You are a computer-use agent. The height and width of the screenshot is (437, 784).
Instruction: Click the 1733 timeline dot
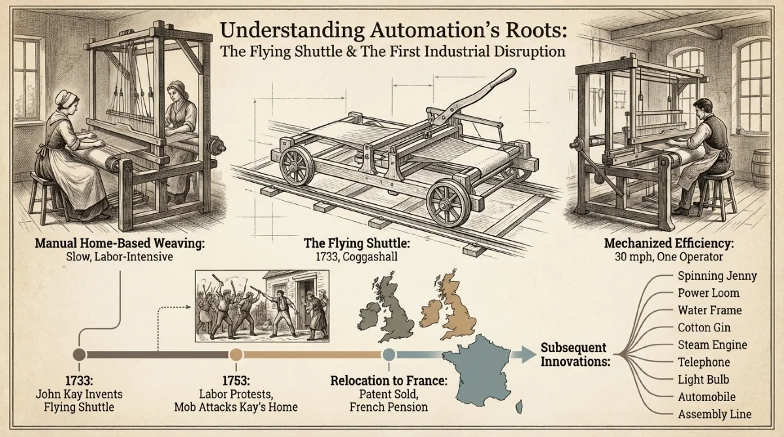pos(79,354)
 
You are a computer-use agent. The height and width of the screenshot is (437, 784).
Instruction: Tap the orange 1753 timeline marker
pos(236,354)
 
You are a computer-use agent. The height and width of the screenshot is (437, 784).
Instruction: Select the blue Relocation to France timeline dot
pos(389,354)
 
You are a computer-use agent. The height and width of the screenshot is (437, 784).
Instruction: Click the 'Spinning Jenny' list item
pos(717,276)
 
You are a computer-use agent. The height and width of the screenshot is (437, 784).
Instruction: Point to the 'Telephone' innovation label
pos(704,362)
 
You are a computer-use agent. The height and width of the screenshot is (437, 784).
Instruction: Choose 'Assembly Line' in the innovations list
pos(714,414)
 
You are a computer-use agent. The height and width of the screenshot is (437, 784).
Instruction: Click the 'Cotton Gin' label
pos(704,327)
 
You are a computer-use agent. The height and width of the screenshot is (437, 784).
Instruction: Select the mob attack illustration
pos(262,307)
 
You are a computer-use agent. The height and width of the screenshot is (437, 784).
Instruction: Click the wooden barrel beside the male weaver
pos(760,168)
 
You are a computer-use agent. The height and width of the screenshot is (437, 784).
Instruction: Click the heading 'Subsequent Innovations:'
pos(574,354)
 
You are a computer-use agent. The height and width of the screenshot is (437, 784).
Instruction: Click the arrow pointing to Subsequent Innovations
pos(523,354)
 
